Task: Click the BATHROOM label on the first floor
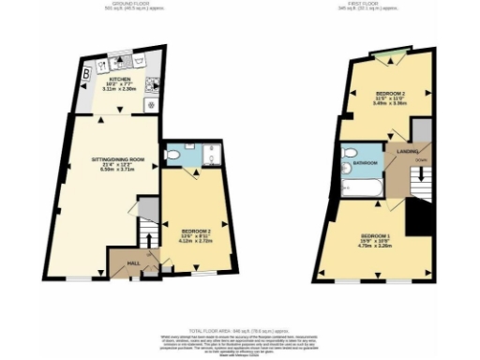pyautogui.click(x=365, y=163)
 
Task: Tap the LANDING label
pyautogui.click(x=407, y=150)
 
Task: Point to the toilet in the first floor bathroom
pyautogui.click(x=348, y=152)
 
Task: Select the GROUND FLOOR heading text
pyautogui.click(x=118, y=4)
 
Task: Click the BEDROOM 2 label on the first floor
pyautogui.click(x=389, y=95)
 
